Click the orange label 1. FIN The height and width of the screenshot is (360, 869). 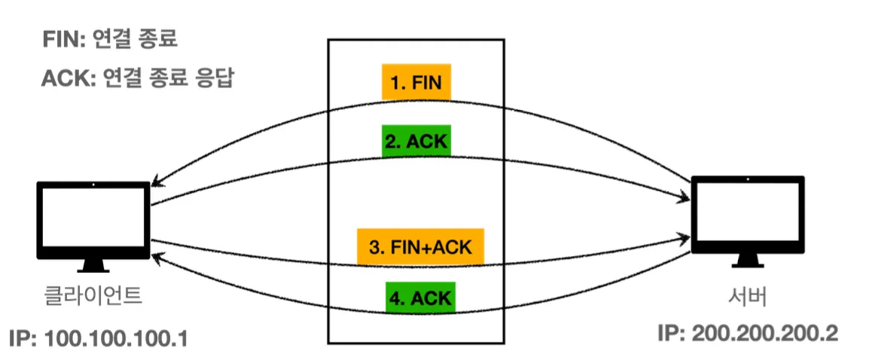(x=416, y=83)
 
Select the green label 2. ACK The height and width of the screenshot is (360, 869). (x=416, y=142)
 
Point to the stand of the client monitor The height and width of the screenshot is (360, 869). (x=93, y=265)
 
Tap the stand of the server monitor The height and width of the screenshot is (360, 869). (x=748, y=260)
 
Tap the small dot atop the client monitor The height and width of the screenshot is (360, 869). (x=93, y=185)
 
